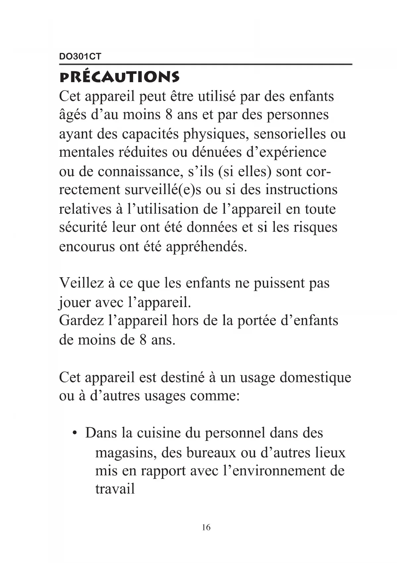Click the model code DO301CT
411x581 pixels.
(80, 57)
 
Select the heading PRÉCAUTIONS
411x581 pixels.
(119, 77)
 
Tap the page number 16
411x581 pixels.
(206, 527)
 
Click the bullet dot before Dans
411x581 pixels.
(76, 434)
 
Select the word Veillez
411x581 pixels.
(80, 283)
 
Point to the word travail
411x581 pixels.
(115, 489)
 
